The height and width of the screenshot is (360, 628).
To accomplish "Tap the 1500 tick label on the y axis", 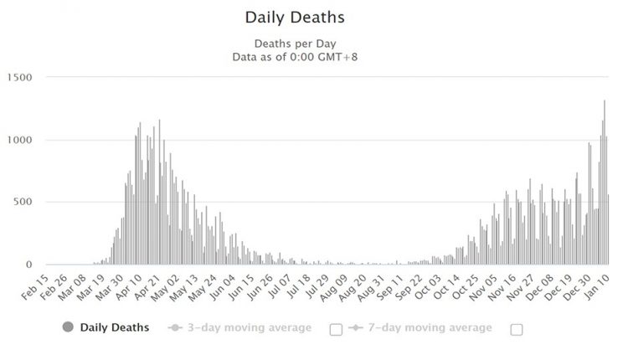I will (18, 78).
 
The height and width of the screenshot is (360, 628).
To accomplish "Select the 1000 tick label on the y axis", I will (18, 140).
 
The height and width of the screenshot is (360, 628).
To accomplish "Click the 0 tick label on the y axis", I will (28, 264).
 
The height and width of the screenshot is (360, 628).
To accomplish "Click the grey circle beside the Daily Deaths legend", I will (67, 327).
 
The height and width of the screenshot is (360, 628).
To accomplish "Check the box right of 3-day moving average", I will (336, 329).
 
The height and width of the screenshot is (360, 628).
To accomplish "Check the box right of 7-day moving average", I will (517, 329).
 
